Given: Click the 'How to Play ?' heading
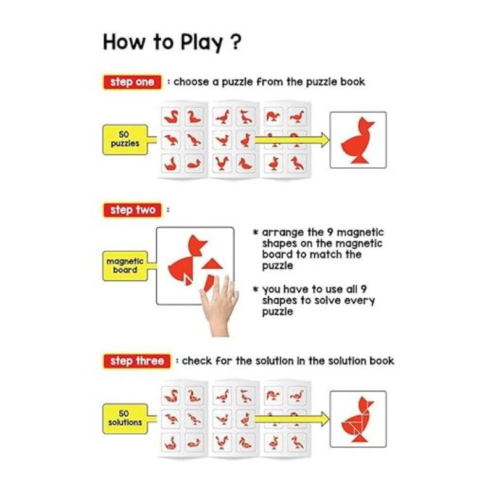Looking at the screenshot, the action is (172, 42).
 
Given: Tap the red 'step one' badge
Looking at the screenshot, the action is (132, 82).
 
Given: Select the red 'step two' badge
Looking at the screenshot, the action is (133, 210).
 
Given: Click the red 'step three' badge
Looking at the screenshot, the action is (137, 361).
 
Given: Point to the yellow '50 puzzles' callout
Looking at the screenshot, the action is (125, 140).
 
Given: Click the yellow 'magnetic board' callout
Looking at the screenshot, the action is (125, 266).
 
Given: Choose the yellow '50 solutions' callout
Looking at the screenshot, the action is (125, 419).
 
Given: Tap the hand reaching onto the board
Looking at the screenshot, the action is (220, 306).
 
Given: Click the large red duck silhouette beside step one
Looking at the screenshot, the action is (358, 141).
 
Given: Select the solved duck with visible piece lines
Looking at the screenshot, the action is (358, 419).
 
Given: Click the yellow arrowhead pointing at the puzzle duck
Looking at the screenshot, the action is (324, 140).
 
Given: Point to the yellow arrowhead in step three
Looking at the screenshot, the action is (324, 419).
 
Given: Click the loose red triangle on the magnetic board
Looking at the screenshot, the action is (212, 264).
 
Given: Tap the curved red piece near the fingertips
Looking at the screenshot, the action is (209, 283).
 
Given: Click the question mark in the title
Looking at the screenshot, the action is (236, 42).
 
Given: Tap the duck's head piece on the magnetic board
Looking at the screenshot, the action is (196, 245).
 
